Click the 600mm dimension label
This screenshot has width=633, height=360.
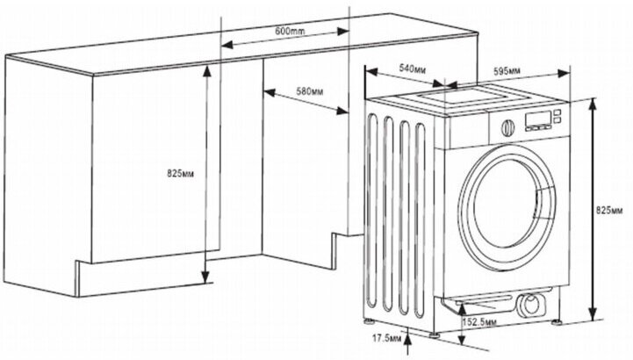pyautogui.click(x=289, y=32)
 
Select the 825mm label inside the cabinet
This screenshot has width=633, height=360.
pyautogui.click(x=178, y=175)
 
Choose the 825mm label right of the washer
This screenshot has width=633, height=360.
pyautogui.click(x=611, y=210)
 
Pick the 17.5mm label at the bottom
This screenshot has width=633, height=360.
pyautogui.click(x=384, y=337)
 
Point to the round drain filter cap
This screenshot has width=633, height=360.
pyautogui.click(x=531, y=306)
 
